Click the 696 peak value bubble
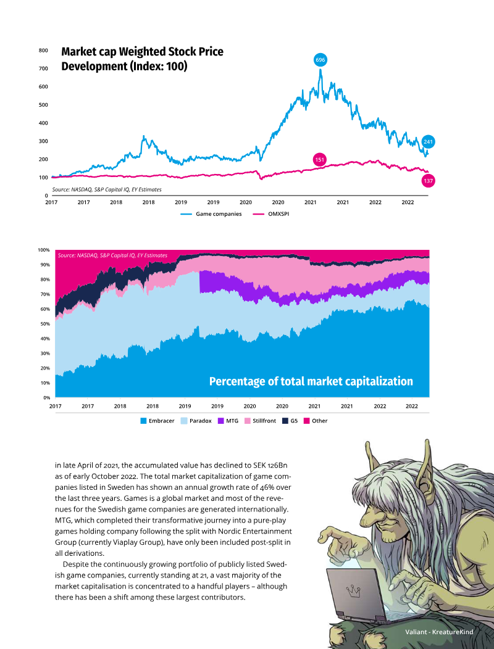pos(320,60)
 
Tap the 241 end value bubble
pos(428,142)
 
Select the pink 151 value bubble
pos(320,160)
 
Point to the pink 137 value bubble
pos(428,181)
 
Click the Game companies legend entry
pos(211,214)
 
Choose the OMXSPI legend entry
pos(270,214)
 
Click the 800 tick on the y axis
pos(43,51)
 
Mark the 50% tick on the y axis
pos(44,324)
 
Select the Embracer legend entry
pos(157,421)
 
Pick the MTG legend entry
pos(228,421)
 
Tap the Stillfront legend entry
pos(260,421)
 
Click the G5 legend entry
pos(290,421)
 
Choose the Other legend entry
pos(316,421)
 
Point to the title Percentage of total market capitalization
pos(311,381)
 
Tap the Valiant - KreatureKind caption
pos(439,632)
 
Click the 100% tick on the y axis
pos(43,250)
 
